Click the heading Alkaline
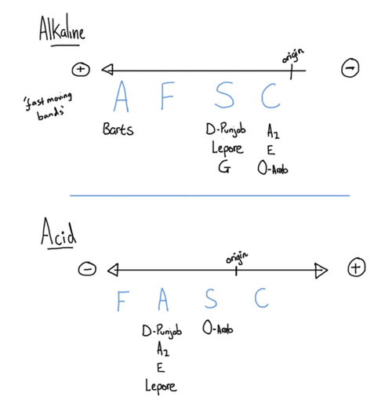tap(62, 28)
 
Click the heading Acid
tap(59, 231)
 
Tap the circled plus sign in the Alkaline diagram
tap(81, 70)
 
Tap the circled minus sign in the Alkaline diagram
tap(350, 68)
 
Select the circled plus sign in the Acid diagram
tap(356, 268)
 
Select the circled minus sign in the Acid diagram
tap(87, 269)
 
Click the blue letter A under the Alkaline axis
tap(122, 96)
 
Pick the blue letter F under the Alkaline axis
tap(168, 96)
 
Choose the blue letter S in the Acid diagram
tap(211, 298)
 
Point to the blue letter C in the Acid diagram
tap(261, 298)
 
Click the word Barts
tap(118, 129)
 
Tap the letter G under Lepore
tap(224, 167)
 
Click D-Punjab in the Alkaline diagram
tap(226, 130)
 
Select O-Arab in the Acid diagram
tap(218, 328)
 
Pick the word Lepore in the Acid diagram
tap(161, 387)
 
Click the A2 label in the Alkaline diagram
tap(273, 131)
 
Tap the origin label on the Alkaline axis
tap(292, 56)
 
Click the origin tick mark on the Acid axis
tap(236, 271)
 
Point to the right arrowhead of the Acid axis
tap(321, 271)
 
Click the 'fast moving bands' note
tap(48, 106)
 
